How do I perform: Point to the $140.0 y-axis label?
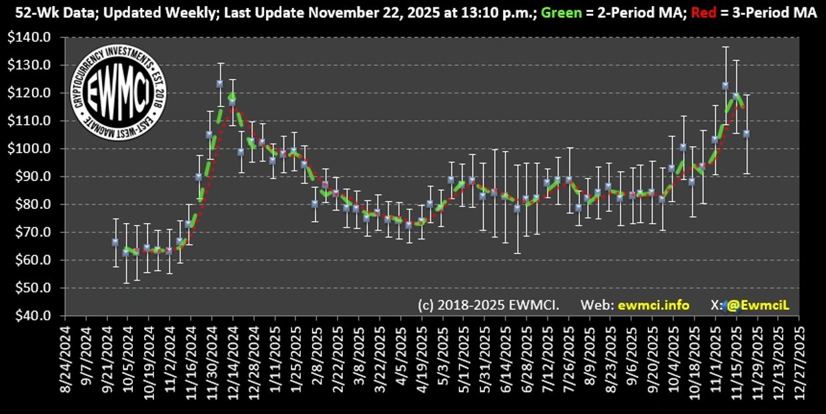[x=34, y=37]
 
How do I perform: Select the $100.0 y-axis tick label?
[x=34, y=149]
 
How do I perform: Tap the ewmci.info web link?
[x=653, y=305]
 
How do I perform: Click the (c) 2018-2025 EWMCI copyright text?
[x=488, y=305]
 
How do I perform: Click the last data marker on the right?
[x=747, y=134]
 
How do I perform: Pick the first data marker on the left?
[x=115, y=242]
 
